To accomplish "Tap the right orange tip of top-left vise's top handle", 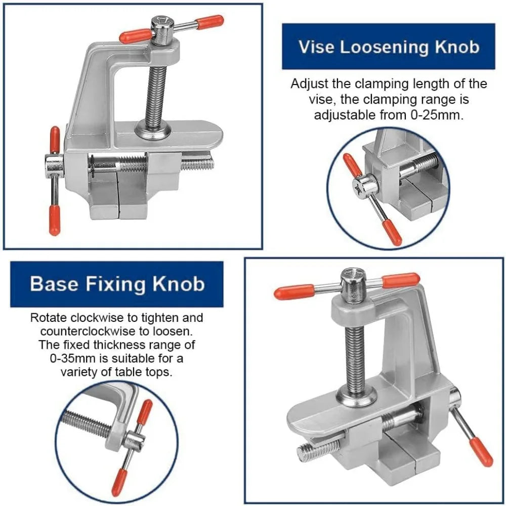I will (210, 22).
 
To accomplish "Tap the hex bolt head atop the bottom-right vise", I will (353, 279).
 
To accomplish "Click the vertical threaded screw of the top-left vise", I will (156, 91).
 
